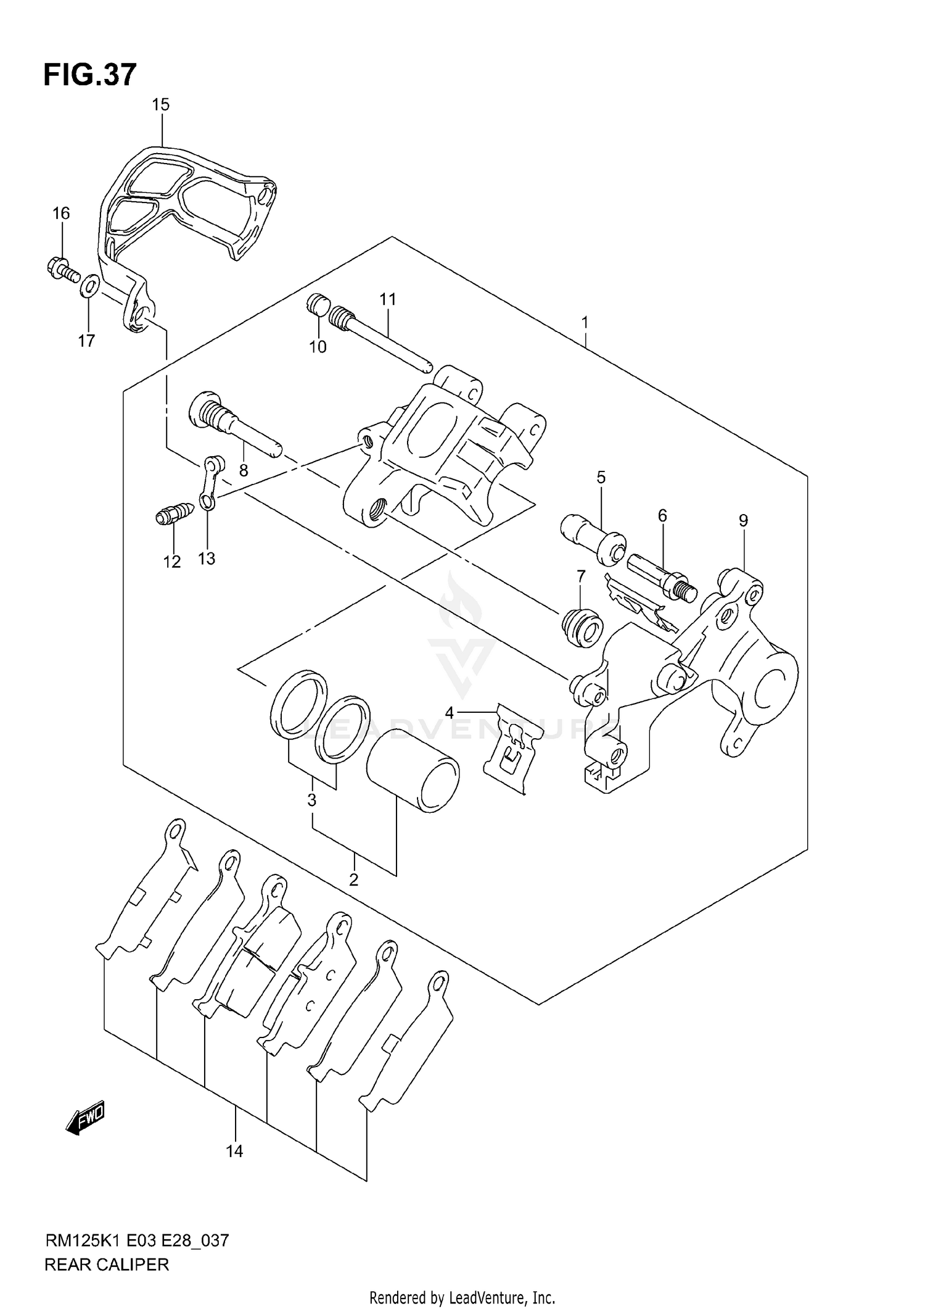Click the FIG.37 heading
pyautogui.click(x=90, y=75)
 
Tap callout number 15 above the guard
pyautogui.click(x=160, y=105)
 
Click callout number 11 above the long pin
pyautogui.click(x=387, y=300)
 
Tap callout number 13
pyautogui.click(x=206, y=559)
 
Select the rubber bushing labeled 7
pyautogui.click(x=581, y=628)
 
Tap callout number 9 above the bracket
pyautogui.click(x=743, y=521)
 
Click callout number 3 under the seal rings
pyautogui.click(x=312, y=800)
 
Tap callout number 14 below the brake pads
pyautogui.click(x=234, y=1150)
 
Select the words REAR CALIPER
pyautogui.click(x=107, y=1265)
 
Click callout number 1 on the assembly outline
pyautogui.click(x=585, y=322)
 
